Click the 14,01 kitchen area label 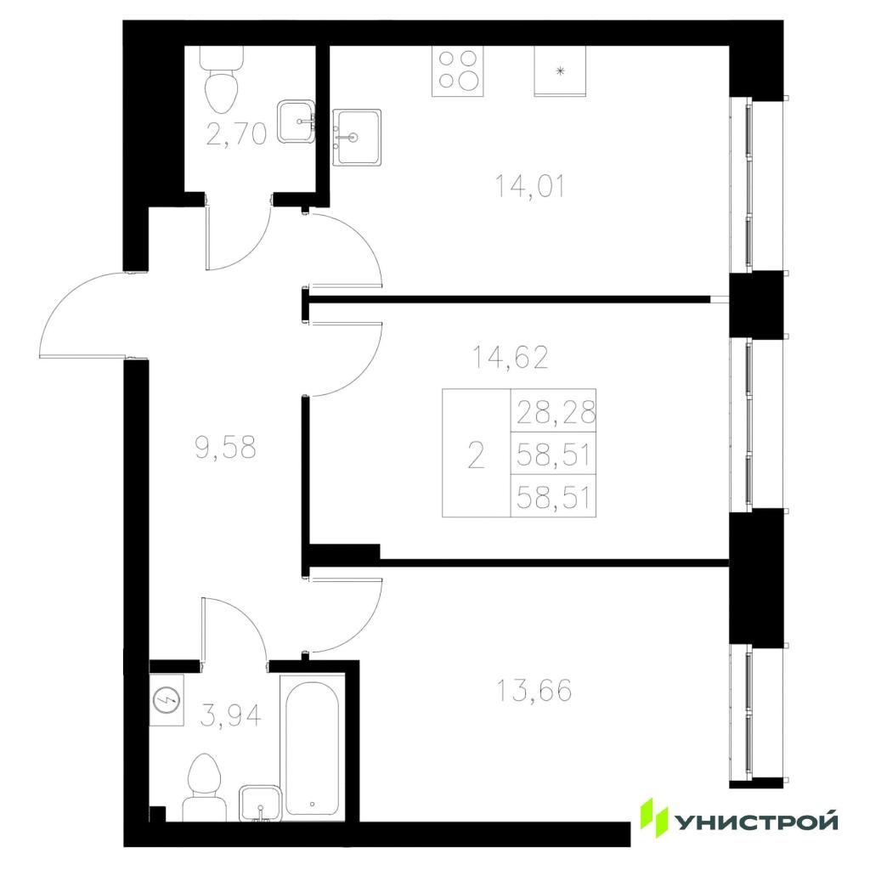pyautogui.click(x=530, y=186)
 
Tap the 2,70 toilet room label pyautogui.click(x=236, y=133)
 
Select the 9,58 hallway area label pyautogui.click(x=226, y=447)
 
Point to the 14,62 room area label pyautogui.click(x=510, y=357)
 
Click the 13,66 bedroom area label pyautogui.click(x=534, y=691)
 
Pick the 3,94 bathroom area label pyautogui.click(x=230, y=715)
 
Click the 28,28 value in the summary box pyautogui.click(x=556, y=412)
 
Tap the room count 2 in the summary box pyautogui.click(x=476, y=455)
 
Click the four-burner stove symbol pyautogui.click(x=458, y=71)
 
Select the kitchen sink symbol pyautogui.click(x=357, y=137)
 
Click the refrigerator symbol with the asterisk pyautogui.click(x=560, y=71)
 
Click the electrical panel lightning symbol pyautogui.click(x=167, y=700)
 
